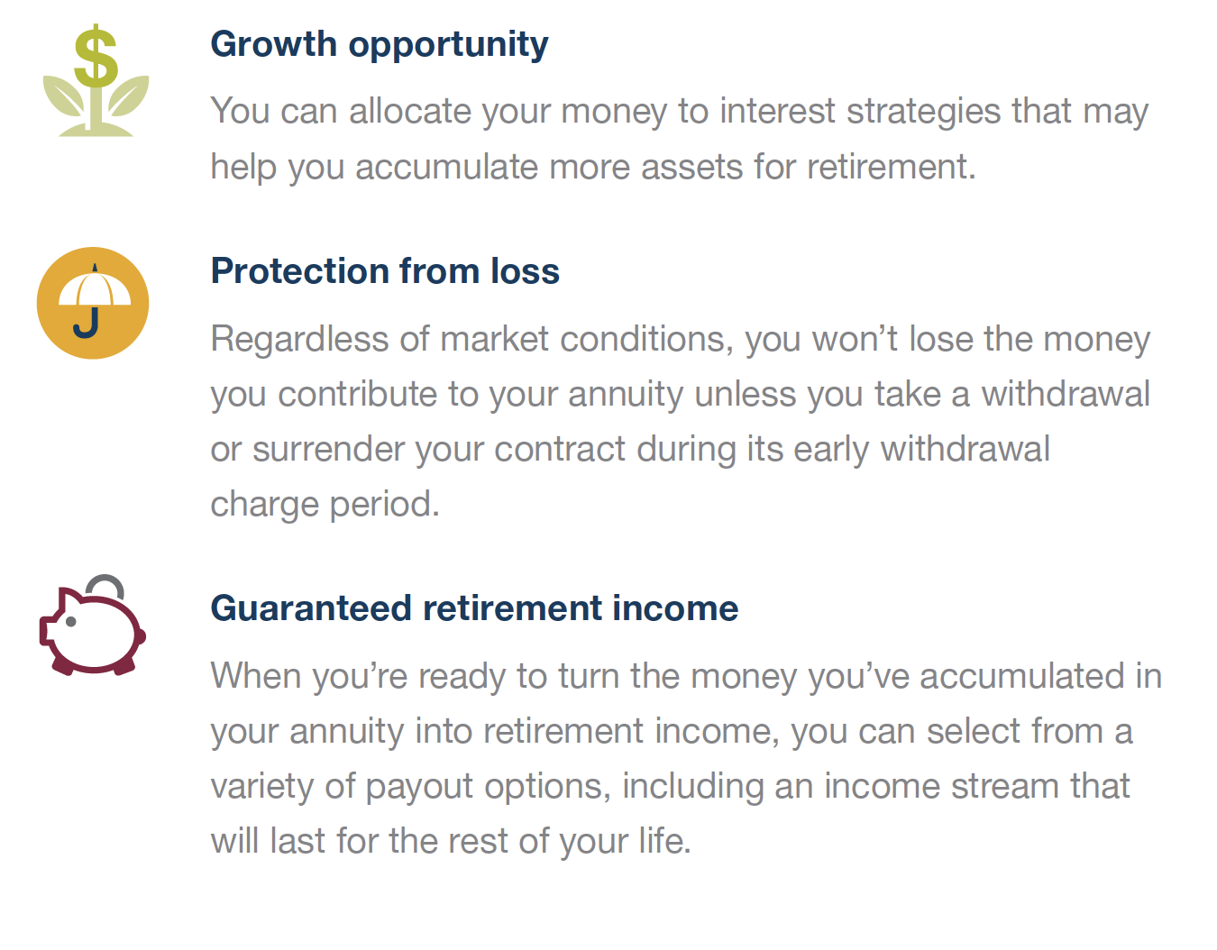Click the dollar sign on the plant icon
96,56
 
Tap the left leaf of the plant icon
64,96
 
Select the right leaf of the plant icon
128,96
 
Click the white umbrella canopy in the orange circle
94,288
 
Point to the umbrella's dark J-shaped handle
87,323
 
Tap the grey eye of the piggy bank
71,621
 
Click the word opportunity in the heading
449,46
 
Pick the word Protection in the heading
299,271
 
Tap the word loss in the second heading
525,271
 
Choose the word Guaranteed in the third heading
311,608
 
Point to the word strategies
923,113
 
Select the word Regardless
299,341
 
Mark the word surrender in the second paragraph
327,449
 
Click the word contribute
357,394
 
